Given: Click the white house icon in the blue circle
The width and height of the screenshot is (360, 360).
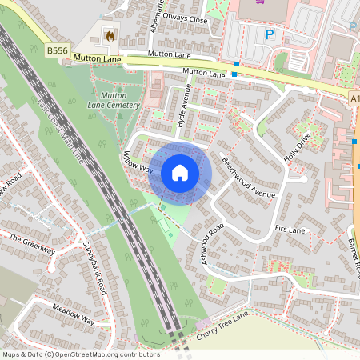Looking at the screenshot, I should (180, 173).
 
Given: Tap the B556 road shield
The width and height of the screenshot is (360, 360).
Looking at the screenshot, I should (56, 50).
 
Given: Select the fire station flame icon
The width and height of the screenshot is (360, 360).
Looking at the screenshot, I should (110, 35).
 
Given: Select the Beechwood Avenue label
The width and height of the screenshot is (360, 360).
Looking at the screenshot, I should (248, 178).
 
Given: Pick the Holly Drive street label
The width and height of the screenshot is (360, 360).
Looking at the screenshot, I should (295, 145).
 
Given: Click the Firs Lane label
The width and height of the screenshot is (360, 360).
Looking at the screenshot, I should (290, 230).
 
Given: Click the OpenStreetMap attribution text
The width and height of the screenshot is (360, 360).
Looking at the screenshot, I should (80, 354).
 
